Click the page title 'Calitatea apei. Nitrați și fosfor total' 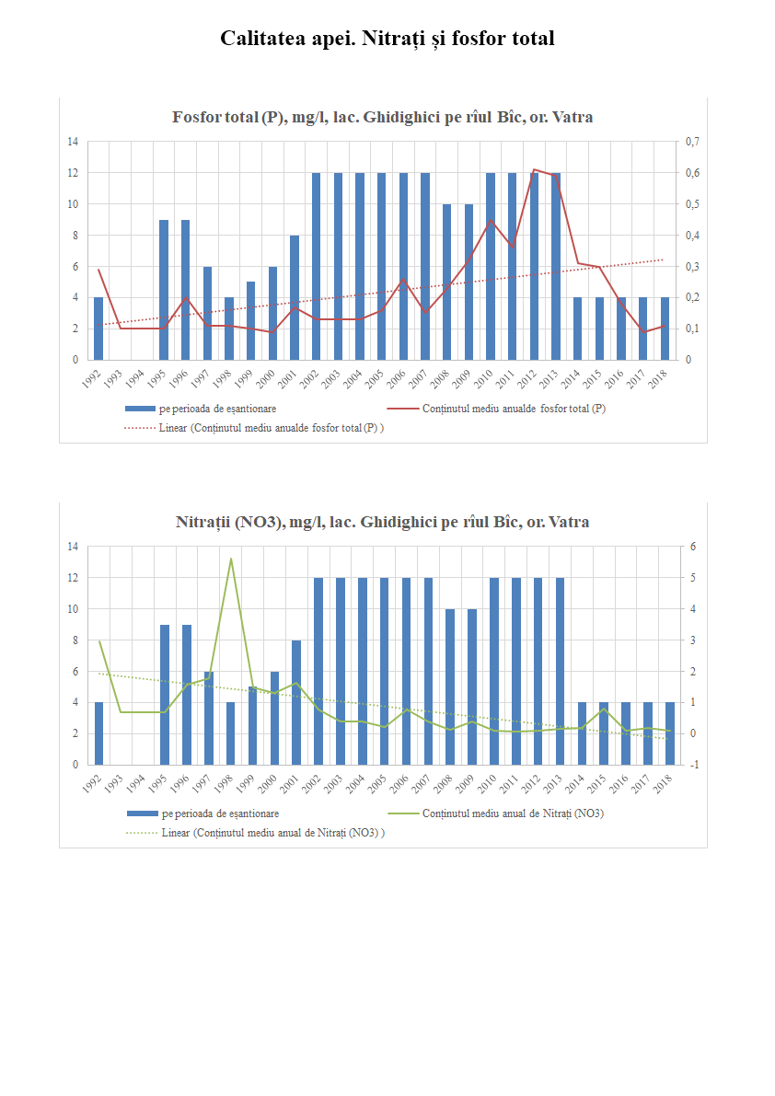[x=387, y=39]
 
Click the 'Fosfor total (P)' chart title [x=382, y=118]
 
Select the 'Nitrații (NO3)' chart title [x=382, y=523]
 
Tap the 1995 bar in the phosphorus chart [x=164, y=289]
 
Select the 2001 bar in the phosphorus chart [x=295, y=297]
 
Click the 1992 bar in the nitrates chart [x=98, y=733]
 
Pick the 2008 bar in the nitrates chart [x=450, y=686]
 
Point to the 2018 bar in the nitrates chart [x=669, y=733]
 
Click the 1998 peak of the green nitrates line [x=230, y=559]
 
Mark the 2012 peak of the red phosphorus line [x=535, y=169]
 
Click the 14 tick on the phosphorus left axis [x=72, y=142]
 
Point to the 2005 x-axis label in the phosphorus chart [x=378, y=376]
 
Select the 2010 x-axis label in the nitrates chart [x=490, y=781]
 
